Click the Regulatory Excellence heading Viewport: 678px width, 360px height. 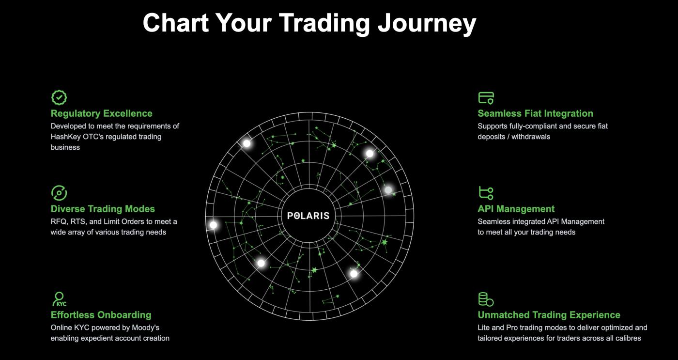101,113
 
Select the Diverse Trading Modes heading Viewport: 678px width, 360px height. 103,209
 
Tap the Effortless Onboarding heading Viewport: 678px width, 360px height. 101,315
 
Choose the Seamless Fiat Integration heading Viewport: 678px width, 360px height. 535,113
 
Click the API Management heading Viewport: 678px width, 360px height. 516,209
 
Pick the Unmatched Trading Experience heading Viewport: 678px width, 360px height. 549,315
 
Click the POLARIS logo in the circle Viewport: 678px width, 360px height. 308,216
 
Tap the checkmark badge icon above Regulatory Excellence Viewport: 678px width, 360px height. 59,97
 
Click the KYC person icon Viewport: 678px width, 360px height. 59,299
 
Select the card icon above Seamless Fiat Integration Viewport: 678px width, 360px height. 486,98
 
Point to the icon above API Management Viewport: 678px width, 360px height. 486,193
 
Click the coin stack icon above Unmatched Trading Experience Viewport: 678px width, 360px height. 486,299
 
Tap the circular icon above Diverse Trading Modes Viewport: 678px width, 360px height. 59,193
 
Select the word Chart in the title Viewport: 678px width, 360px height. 175,23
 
